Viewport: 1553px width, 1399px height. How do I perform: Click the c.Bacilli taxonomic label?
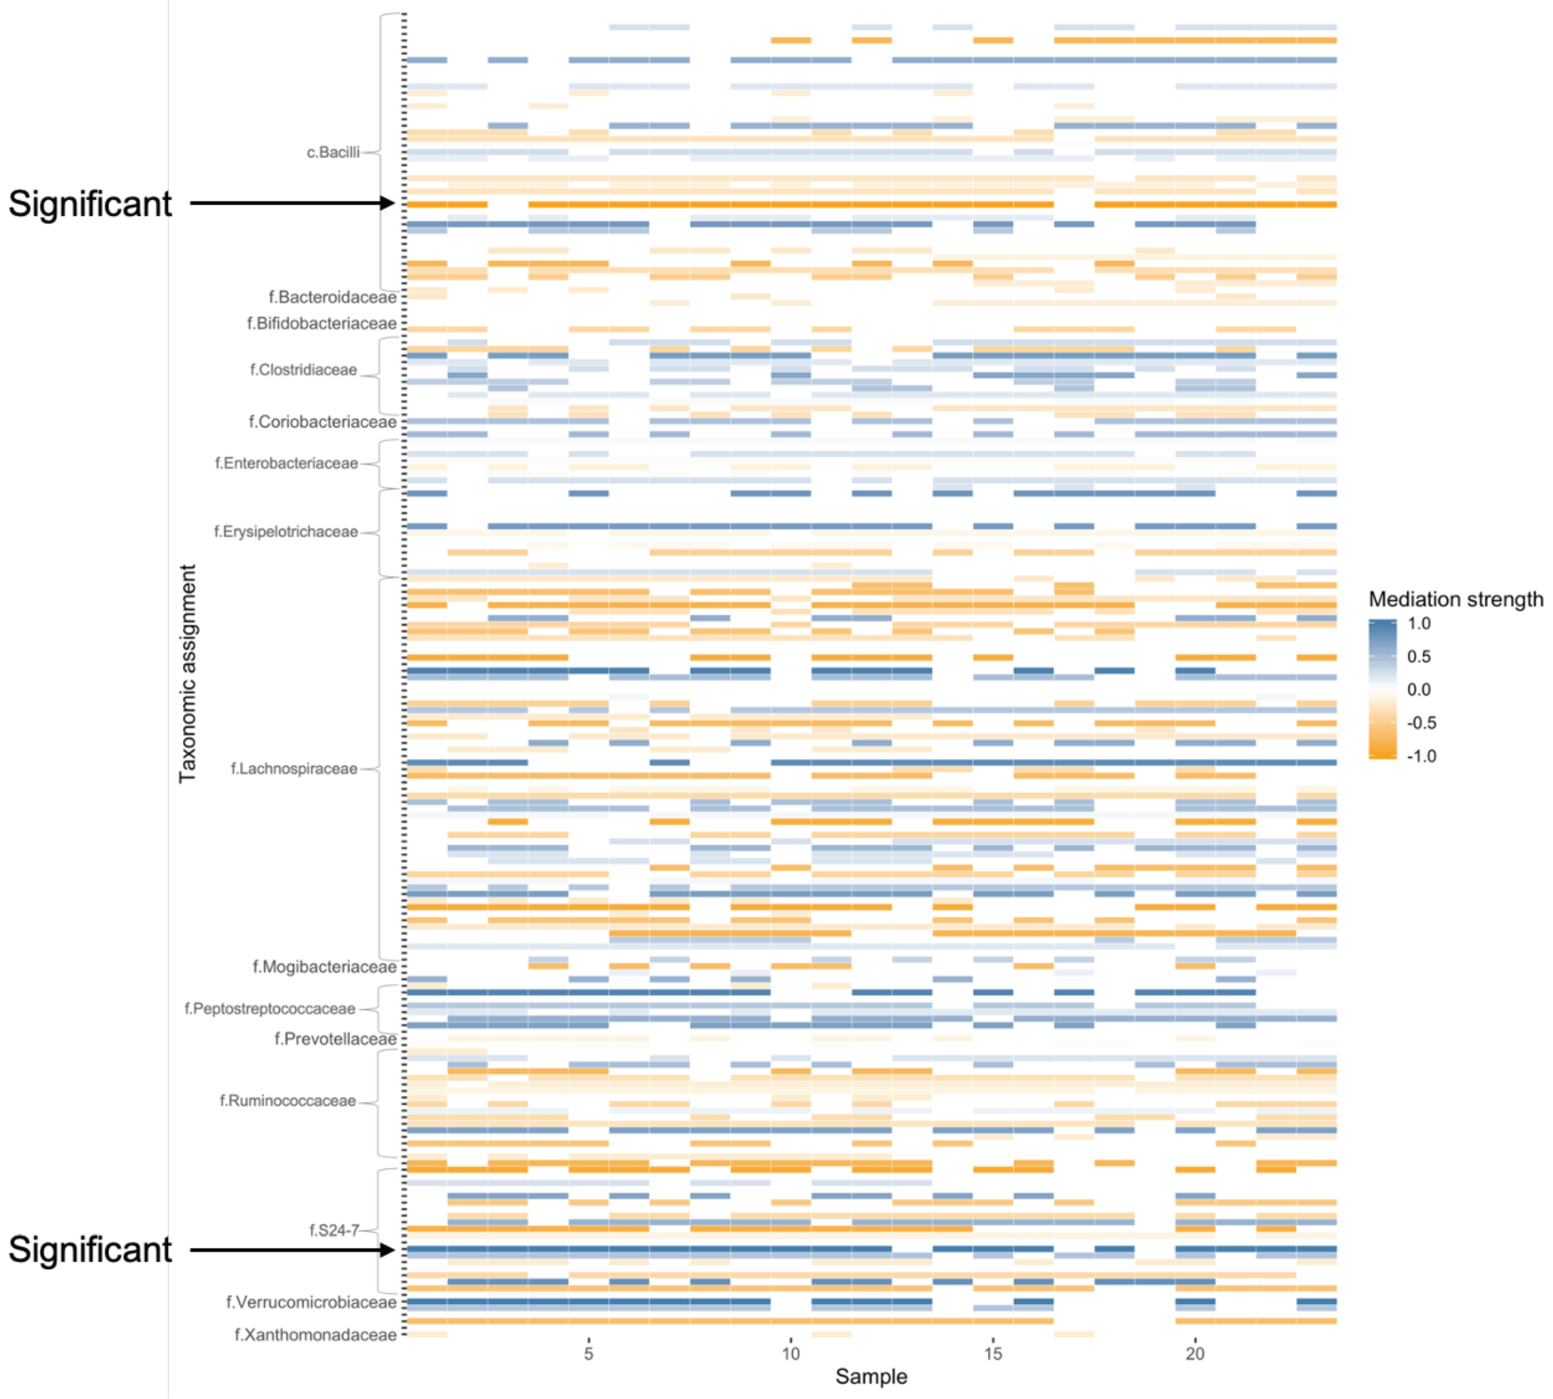[x=333, y=152]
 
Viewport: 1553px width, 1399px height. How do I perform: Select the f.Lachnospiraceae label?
[x=295, y=769]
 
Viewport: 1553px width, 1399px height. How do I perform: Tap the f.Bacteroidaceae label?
[x=333, y=297]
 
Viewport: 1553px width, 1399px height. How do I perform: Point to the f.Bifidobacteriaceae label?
[x=322, y=324]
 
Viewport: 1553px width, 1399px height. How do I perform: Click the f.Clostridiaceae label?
[x=304, y=370]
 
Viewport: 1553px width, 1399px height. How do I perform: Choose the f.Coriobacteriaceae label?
[x=323, y=422]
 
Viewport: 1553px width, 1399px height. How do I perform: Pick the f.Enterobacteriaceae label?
[x=286, y=463]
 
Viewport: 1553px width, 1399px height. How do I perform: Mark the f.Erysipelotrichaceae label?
[x=286, y=532]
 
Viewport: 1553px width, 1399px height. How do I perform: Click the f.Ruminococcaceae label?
[x=288, y=1101]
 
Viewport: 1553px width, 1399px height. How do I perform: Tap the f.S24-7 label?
[x=334, y=1230]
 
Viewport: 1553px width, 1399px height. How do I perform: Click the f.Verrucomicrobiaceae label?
[x=311, y=1302]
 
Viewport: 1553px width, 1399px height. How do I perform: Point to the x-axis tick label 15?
[x=993, y=1354]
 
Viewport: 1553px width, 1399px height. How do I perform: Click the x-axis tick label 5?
[x=589, y=1354]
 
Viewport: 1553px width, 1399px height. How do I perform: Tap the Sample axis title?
[x=871, y=1377]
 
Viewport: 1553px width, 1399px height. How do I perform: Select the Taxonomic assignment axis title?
[x=187, y=673]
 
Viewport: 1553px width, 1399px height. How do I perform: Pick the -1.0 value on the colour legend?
[x=1421, y=756]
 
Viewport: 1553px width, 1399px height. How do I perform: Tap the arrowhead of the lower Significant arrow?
[x=389, y=1250]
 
